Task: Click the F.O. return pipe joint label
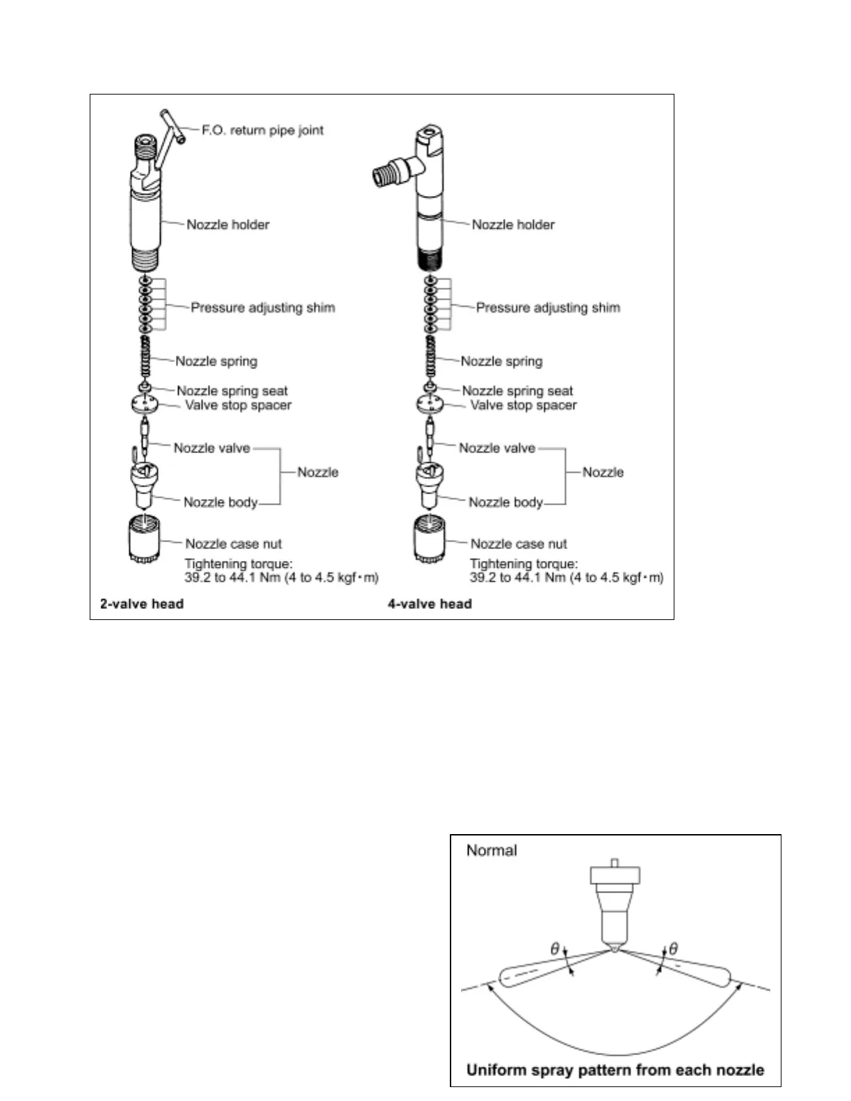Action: pos(262,130)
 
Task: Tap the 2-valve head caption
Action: pos(142,603)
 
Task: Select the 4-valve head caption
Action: pos(430,603)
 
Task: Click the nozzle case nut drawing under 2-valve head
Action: pos(143,539)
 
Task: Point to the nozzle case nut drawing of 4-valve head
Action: pos(429,539)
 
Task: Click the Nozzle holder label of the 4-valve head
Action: pos(513,225)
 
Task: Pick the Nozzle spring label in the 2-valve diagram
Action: pos(216,361)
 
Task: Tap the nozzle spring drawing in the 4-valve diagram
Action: pos(430,357)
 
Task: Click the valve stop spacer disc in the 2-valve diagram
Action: pos(144,403)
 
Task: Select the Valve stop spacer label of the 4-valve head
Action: pos(524,405)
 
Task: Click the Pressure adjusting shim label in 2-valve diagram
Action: pos(263,307)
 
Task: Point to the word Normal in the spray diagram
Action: pos(492,850)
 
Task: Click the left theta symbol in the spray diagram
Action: pos(555,949)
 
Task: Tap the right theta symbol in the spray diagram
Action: pos(672,949)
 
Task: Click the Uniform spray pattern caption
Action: pos(615,1070)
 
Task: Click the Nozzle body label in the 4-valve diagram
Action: pos(505,502)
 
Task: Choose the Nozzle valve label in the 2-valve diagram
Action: pos(212,448)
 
